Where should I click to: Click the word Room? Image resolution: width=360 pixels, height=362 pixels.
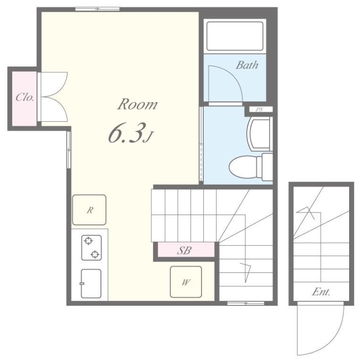point(137,104)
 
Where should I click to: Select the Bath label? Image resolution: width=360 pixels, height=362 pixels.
point(247,65)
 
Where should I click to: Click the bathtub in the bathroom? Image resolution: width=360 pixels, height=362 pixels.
point(235,36)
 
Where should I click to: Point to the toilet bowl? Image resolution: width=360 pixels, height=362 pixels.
point(245,167)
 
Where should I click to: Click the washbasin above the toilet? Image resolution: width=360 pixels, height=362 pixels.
point(259,134)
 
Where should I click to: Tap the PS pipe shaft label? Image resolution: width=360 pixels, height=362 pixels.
point(260,109)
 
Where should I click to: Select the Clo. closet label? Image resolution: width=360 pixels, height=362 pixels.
point(25,97)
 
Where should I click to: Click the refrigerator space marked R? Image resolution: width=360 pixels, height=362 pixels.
point(89,210)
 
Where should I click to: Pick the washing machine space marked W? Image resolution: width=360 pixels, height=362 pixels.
point(186,282)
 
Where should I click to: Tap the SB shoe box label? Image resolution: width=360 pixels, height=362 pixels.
point(184,250)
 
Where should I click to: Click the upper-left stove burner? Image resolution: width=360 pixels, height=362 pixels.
point(88,241)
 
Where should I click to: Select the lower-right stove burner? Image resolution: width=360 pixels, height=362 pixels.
point(95,255)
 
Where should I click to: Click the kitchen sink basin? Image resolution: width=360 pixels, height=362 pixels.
point(91,283)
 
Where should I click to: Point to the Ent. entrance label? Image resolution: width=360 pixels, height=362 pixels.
point(321,292)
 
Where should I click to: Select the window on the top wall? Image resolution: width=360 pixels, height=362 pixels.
point(97,9)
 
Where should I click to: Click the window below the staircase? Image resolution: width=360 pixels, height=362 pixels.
point(246,303)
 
